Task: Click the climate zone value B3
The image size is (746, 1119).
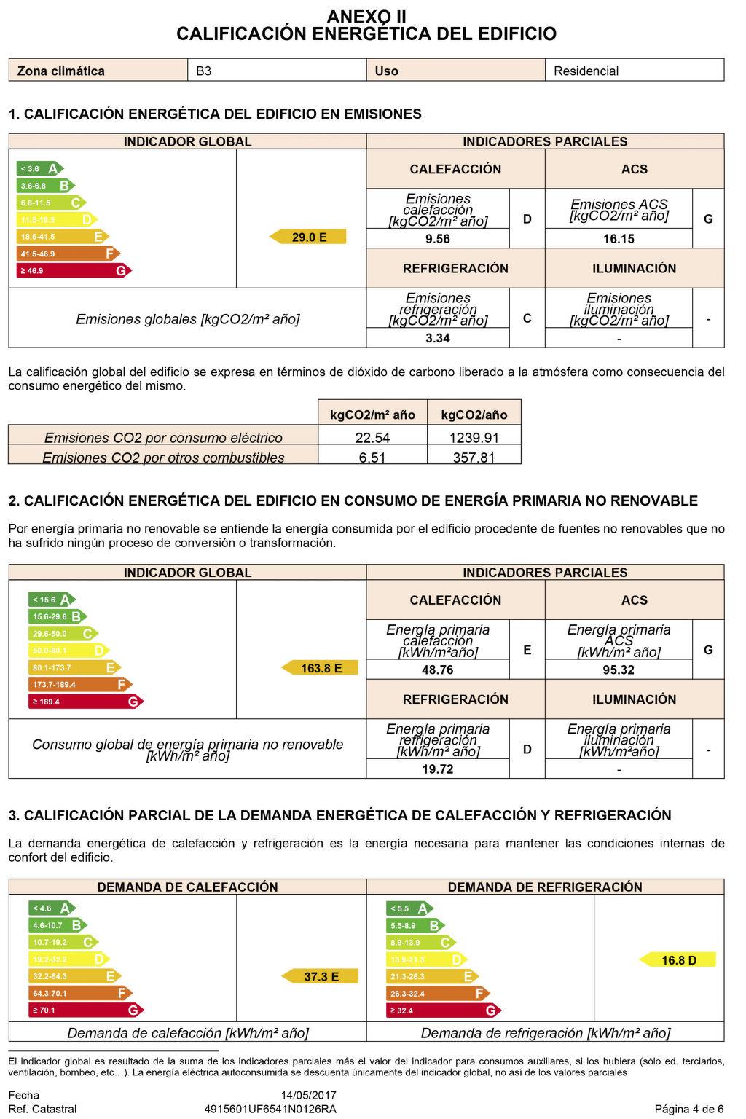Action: (x=204, y=71)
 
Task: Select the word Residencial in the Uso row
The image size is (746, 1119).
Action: (x=586, y=71)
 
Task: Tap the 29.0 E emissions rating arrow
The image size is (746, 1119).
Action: (x=308, y=237)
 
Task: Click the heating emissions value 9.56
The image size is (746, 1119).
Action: (x=437, y=239)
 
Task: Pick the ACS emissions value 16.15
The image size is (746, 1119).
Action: (x=619, y=239)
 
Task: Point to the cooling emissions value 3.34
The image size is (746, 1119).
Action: (x=437, y=338)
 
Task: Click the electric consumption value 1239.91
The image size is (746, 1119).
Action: (x=474, y=437)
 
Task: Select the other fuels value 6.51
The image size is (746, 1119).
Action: (x=372, y=458)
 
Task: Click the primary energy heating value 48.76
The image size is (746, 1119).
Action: (x=437, y=670)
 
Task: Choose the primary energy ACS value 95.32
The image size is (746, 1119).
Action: (x=619, y=670)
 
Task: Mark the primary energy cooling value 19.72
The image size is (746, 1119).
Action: (x=437, y=769)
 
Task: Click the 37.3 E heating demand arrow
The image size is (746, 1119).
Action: (x=321, y=977)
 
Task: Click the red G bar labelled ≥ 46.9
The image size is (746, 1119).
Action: (x=73, y=271)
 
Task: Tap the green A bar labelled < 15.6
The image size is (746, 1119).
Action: (x=51, y=600)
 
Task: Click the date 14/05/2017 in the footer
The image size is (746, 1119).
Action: (x=309, y=1095)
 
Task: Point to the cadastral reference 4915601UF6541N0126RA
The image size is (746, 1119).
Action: (x=270, y=1109)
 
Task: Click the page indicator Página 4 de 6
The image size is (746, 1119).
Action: (x=689, y=1109)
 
